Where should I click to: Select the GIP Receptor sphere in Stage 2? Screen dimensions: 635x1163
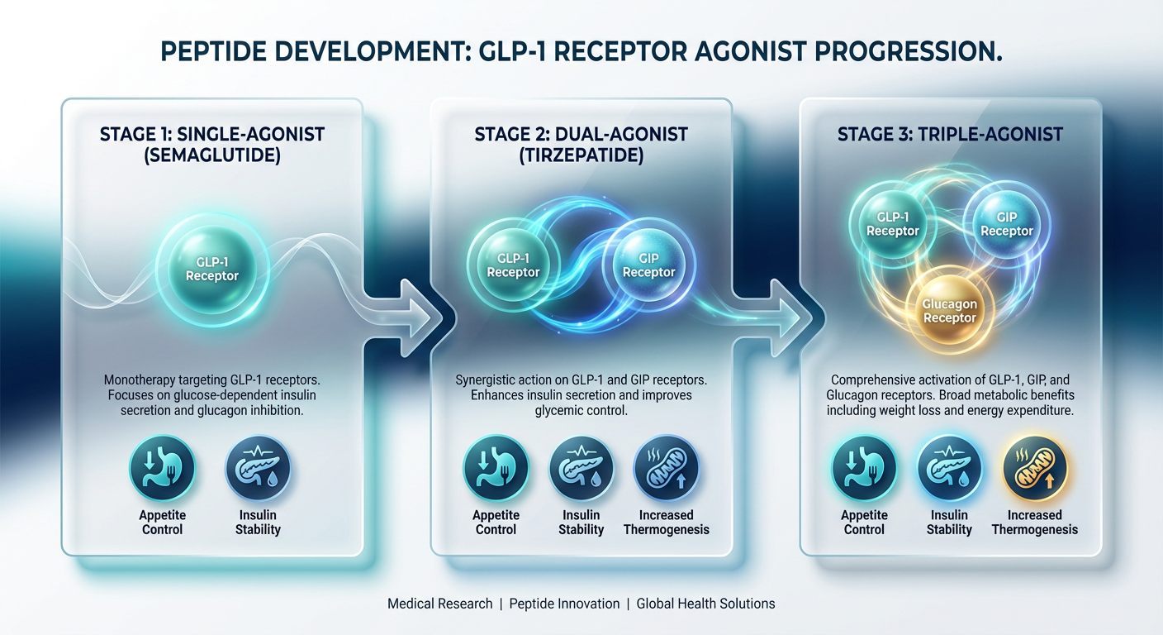(x=648, y=265)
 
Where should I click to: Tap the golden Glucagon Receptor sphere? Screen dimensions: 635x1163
(x=949, y=310)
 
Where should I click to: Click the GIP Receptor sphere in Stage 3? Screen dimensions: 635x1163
(x=1006, y=223)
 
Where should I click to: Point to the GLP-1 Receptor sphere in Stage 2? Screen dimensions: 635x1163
(x=513, y=265)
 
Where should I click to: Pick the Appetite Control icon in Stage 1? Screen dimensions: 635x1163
(x=162, y=468)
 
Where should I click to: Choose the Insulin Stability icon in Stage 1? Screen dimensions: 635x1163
(x=258, y=468)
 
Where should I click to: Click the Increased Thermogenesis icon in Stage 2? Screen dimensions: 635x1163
(x=666, y=468)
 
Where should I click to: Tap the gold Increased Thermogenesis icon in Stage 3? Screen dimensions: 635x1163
(x=1035, y=468)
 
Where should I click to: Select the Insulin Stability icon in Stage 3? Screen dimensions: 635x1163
(x=949, y=468)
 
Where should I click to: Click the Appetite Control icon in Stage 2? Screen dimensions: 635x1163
(x=496, y=468)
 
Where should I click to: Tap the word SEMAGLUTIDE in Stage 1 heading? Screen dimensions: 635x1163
(x=212, y=155)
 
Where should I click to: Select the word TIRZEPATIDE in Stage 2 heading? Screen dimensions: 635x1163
(x=581, y=155)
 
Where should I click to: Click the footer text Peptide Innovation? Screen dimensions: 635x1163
(x=564, y=604)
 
